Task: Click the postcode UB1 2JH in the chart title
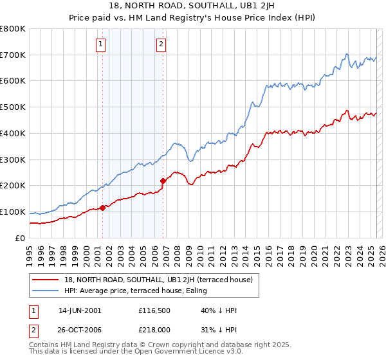[x=232, y=6]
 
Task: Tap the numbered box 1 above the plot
[x=102, y=44]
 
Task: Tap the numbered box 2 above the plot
[x=160, y=44]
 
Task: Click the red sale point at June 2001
[x=102, y=208]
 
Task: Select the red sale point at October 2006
[x=163, y=181]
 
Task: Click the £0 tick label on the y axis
[x=21, y=238]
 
